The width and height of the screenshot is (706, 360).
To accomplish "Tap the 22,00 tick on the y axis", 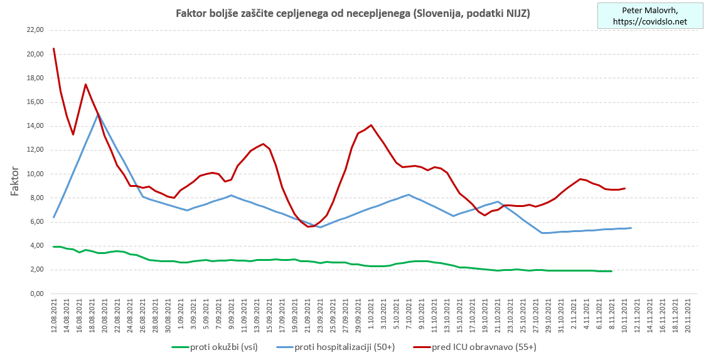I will pyautogui.click(x=32, y=30).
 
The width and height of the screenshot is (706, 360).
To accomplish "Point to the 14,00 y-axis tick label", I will pyautogui.click(x=32, y=126).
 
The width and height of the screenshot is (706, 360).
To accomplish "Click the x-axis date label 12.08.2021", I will pyautogui.click(x=54, y=317).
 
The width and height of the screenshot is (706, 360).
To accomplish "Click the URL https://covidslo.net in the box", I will pyautogui.click(x=650, y=21).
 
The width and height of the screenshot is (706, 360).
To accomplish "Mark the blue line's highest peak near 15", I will pyautogui.click(x=99, y=114).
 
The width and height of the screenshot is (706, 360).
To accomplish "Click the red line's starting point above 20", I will pyautogui.click(x=54, y=48).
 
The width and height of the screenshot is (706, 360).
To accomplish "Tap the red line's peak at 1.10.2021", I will pyautogui.click(x=372, y=125).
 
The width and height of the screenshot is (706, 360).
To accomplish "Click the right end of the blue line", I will pyautogui.click(x=631, y=228).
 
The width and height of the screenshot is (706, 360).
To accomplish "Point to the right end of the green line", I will pyautogui.click(x=612, y=271).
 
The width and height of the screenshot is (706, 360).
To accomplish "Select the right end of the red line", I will pyautogui.click(x=624, y=188).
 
